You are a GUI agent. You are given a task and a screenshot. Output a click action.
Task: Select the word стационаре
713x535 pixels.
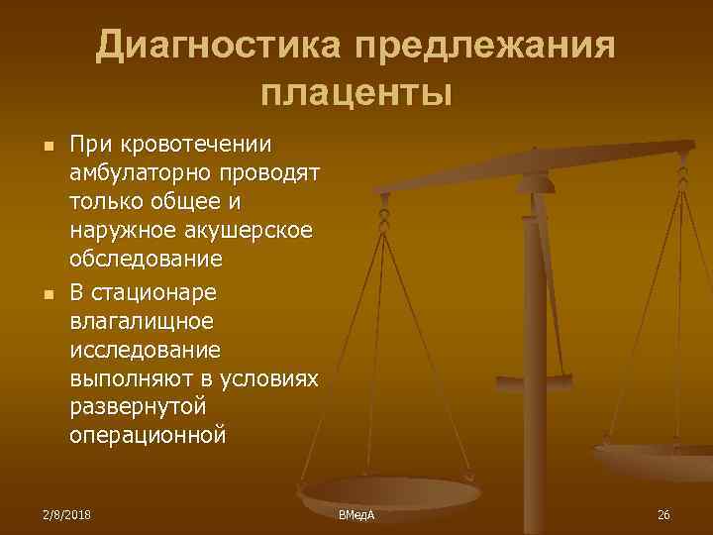[158, 293]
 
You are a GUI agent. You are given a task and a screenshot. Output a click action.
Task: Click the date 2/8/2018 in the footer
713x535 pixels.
[64, 515]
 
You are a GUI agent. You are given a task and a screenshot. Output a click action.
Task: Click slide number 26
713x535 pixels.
[663, 515]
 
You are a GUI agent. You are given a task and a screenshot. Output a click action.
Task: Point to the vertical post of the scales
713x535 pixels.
[535, 327]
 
